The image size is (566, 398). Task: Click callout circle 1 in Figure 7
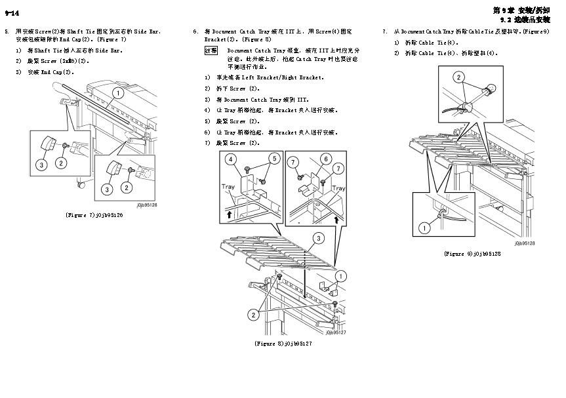(118, 94)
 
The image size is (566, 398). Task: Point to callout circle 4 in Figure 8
(231, 159)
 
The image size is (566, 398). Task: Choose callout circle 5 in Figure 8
(273, 159)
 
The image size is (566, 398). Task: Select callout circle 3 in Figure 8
(317, 237)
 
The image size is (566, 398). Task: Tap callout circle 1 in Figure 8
(340, 275)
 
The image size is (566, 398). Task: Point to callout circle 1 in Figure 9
(424, 228)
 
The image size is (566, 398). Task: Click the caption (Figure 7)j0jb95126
(94, 215)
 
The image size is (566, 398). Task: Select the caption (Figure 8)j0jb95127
(283, 343)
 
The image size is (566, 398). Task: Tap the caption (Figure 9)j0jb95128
(472, 253)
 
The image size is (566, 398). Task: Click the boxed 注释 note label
(211, 50)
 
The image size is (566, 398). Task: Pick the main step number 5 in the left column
(7, 31)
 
